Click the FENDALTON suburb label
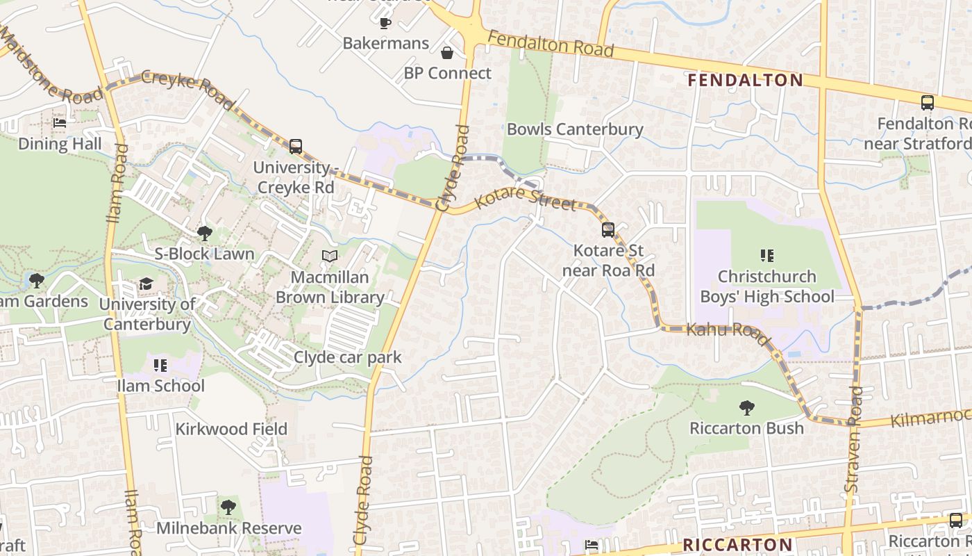tap(745, 80)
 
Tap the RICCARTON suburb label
tap(737, 544)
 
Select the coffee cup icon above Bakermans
tap(385, 23)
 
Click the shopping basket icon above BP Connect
tap(447, 53)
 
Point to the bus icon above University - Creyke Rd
tap(295, 146)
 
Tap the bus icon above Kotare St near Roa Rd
tap(608, 229)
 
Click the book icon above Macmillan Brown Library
tap(330, 256)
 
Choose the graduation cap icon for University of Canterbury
tap(146, 284)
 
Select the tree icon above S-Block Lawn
tap(204, 233)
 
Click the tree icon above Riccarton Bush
tap(746, 407)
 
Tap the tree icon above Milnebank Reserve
tap(228, 507)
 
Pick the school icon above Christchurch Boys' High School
tap(767, 256)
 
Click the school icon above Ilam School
tap(160, 365)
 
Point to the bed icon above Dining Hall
tap(60, 123)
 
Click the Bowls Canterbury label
tap(575, 129)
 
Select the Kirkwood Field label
tap(231, 429)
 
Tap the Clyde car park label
tap(348, 357)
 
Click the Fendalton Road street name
tap(551, 44)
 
